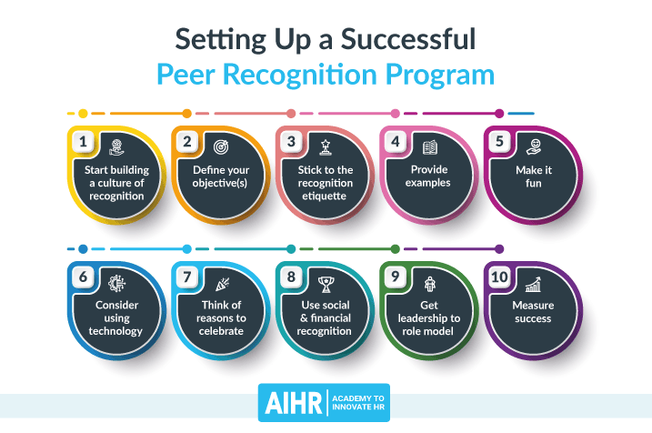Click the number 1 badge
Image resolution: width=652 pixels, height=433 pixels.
pos(83,141)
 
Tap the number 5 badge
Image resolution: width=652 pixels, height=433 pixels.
pos(499,141)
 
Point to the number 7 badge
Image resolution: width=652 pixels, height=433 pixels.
pos(187,276)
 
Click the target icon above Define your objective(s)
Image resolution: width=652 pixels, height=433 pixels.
pos(220,146)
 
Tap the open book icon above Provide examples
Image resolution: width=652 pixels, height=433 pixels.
pos(429,146)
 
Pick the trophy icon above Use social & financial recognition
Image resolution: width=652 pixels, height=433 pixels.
pos(325,281)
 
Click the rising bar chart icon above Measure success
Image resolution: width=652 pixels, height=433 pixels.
pos(533,282)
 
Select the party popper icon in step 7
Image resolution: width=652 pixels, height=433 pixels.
pos(220,281)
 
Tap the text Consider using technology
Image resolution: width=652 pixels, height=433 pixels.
pos(116,317)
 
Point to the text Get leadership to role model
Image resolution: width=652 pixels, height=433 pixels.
pos(429,317)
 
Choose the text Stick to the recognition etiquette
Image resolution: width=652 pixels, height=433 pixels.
pos(325,182)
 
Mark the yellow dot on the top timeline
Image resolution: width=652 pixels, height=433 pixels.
pos(83,114)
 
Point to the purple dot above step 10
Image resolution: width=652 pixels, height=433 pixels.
pos(499,248)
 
